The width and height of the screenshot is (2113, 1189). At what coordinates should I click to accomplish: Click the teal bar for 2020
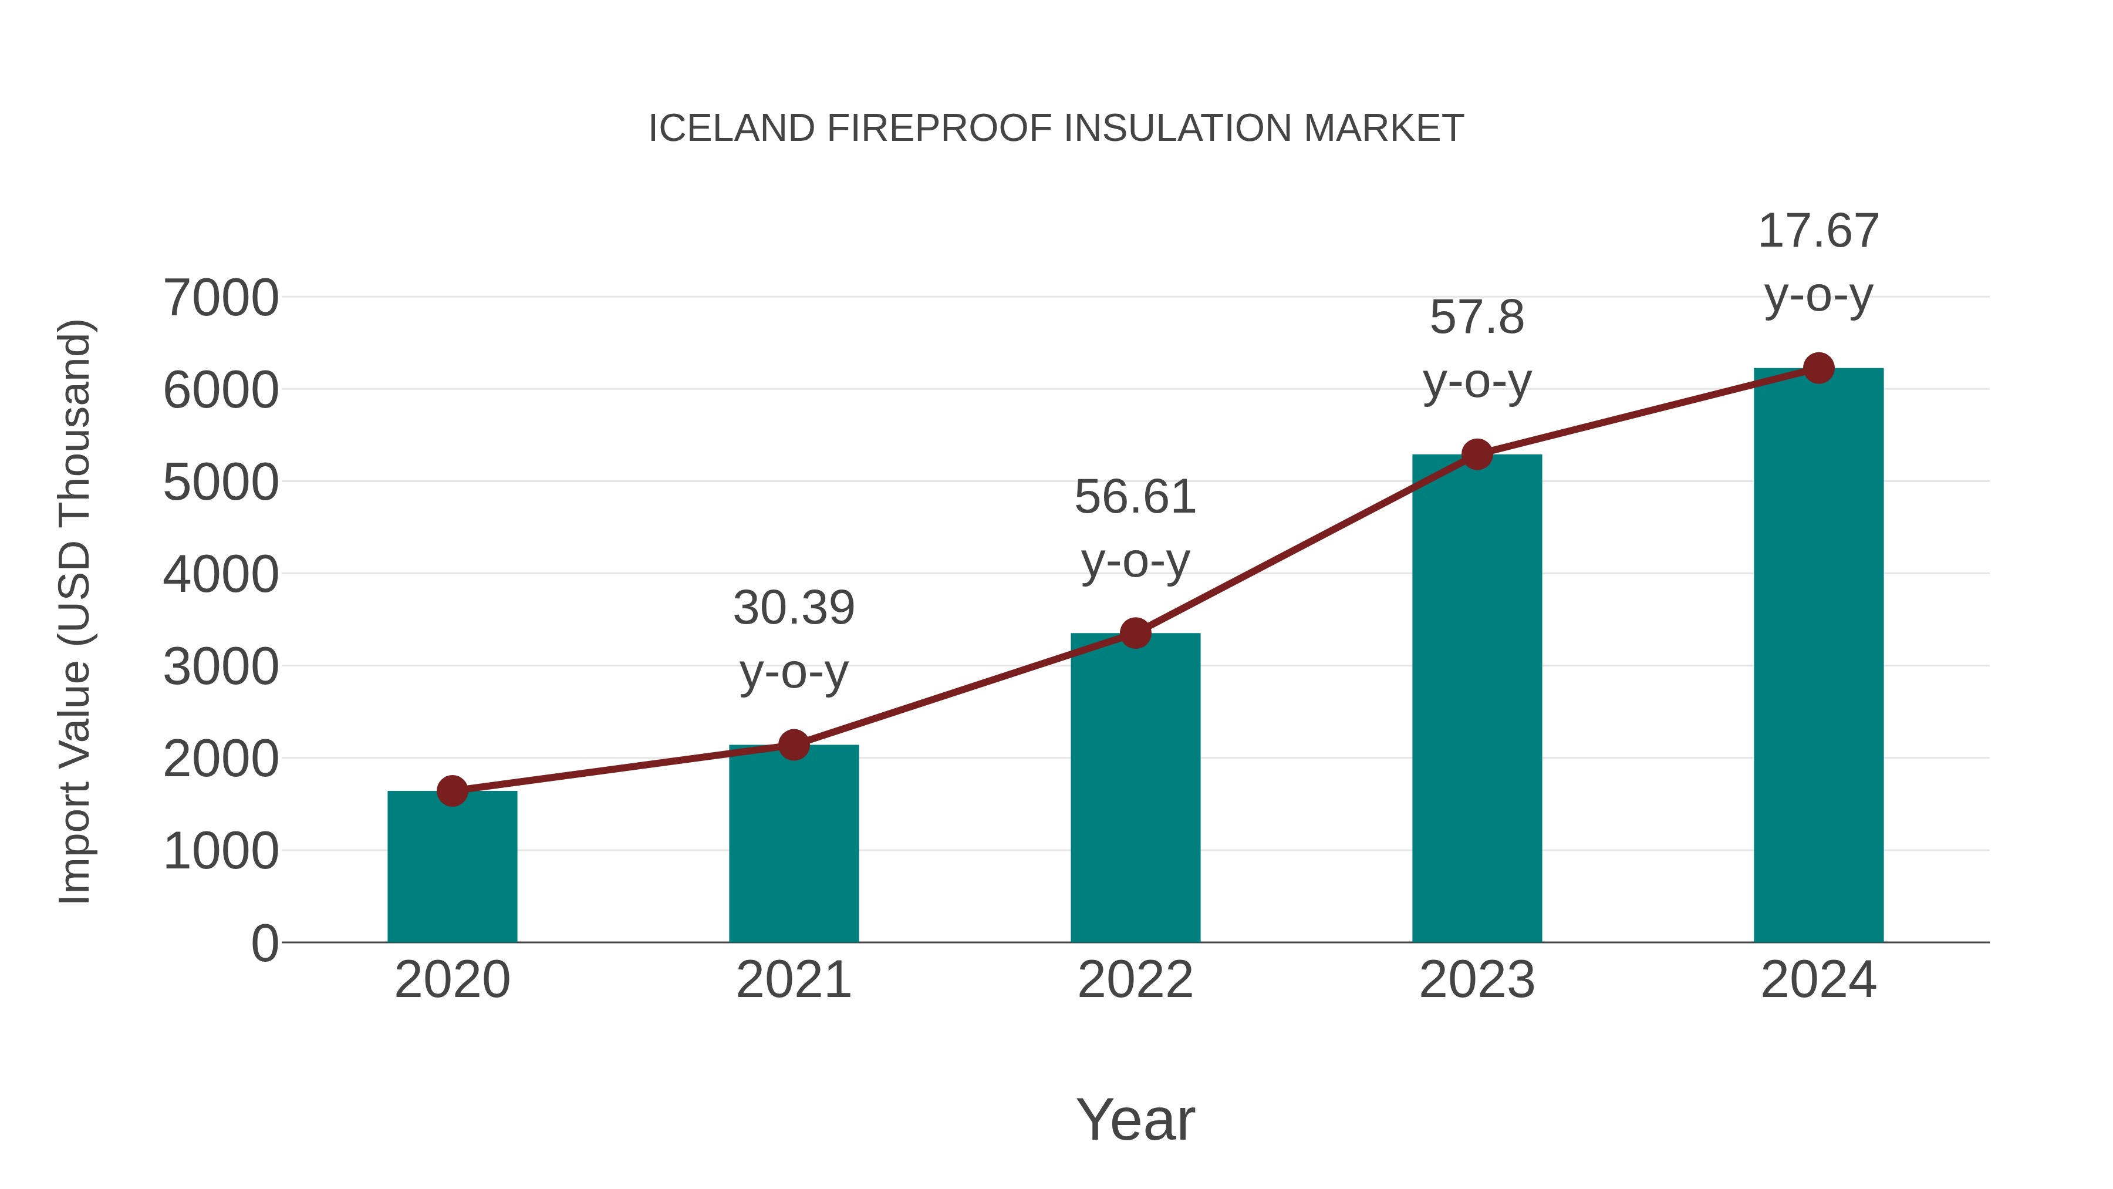click(x=452, y=870)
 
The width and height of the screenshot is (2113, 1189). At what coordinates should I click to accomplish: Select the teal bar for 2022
click(x=1135, y=792)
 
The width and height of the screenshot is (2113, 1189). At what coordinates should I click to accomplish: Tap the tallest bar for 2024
click(x=1818, y=656)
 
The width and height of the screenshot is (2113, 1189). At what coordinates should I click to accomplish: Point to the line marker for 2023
click(x=1477, y=454)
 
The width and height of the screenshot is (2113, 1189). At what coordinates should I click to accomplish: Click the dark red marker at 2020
click(x=452, y=791)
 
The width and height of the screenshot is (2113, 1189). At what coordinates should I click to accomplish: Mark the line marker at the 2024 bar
click(x=1818, y=368)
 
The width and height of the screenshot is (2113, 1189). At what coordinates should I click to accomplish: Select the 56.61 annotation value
click(x=1135, y=497)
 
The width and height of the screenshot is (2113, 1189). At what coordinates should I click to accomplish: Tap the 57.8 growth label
click(x=1477, y=318)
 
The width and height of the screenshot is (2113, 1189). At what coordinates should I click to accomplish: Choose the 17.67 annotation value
click(x=1818, y=231)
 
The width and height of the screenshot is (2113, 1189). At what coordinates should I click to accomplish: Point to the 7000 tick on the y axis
click(x=221, y=298)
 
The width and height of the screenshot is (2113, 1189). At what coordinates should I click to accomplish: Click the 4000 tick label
click(x=221, y=574)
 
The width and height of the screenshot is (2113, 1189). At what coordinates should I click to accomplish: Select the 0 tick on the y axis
click(x=265, y=944)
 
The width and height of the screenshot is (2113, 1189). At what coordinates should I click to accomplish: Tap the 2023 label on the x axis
click(x=1477, y=980)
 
